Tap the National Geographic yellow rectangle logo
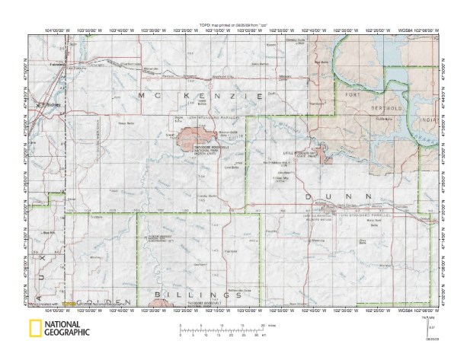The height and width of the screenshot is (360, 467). tap(34, 331)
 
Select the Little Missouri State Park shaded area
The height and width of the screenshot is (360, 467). tap(323, 155)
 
